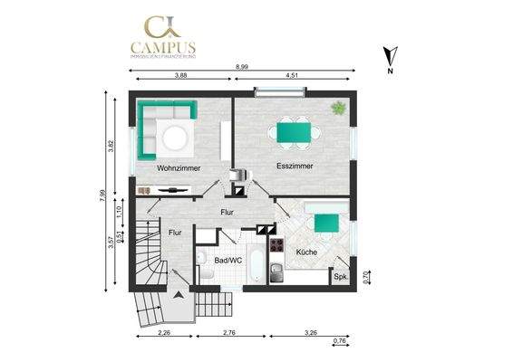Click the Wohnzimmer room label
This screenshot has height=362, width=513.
pos(179,168)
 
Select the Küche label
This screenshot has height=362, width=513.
pos(305,252)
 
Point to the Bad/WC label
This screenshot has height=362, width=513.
pos(227,260)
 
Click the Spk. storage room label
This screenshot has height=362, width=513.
pos(341,278)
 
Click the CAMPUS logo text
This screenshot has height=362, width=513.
pos(163,48)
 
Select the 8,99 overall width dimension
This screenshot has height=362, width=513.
pos(242,68)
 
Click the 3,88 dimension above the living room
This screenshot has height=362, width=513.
pos(181,77)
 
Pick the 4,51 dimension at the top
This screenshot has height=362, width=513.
pos(293,77)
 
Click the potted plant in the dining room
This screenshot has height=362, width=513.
pos(338,108)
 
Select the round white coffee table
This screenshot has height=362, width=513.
pos(176,138)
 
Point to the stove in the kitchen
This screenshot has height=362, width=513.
pos(276,246)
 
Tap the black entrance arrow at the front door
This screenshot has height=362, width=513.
pos(179,295)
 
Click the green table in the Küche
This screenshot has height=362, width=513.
pos(326,222)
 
